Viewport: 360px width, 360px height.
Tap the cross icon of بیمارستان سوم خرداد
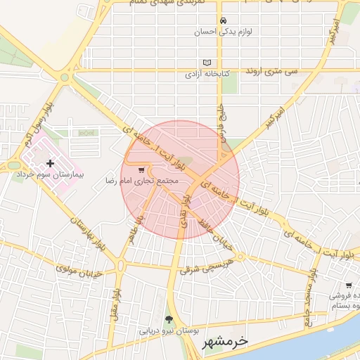49,163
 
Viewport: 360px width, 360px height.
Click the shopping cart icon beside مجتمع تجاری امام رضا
141,169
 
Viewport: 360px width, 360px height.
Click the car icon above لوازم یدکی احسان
223,20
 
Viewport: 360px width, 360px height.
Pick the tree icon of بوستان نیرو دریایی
167,319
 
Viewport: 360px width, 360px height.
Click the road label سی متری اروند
271,72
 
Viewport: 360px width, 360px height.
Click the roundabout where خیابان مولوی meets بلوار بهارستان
123,265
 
